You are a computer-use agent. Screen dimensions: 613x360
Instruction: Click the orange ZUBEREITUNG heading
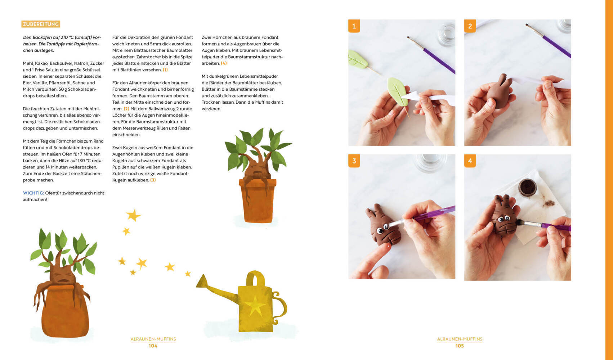coord(41,24)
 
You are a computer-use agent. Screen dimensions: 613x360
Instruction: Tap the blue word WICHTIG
coord(33,193)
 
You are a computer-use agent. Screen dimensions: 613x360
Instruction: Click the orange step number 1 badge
coord(354,26)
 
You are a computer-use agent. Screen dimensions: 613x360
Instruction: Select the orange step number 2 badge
coord(470,26)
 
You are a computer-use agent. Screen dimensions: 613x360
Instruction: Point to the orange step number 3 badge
coord(354,161)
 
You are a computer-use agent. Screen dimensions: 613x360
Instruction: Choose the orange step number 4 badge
coord(470,161)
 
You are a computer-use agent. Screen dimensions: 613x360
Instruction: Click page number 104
coord(153,346)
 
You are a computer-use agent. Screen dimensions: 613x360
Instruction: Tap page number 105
coord(460,346)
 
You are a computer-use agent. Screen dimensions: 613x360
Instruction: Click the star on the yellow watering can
coord(255,306)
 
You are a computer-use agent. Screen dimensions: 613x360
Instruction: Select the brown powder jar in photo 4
coord(527,188)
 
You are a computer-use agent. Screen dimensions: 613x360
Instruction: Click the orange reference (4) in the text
coord(224,63)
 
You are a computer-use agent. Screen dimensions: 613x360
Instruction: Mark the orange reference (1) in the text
coord(165,70)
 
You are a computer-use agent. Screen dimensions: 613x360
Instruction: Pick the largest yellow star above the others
coord(133,215)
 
